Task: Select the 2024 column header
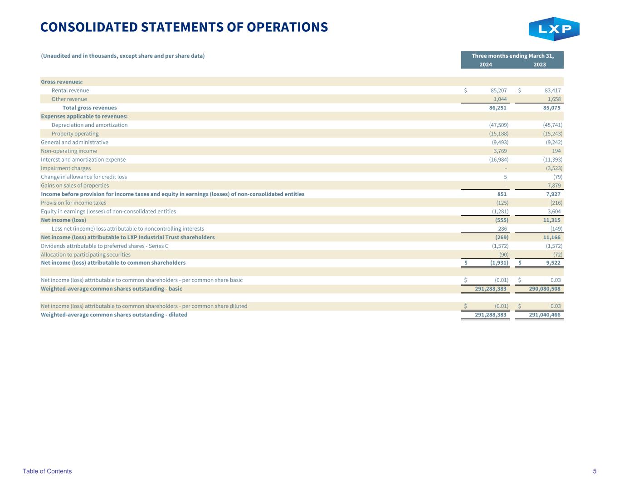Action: tap(486, 64)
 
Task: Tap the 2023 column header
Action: tap(540, 64)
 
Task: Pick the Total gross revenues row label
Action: tap(89, 108)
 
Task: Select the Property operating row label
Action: tap(75, 133)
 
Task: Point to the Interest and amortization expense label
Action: tap(83, 159)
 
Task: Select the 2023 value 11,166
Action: tap(551, 237)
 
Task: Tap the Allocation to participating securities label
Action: tap(85, 255)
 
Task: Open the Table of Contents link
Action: tap(47, 471)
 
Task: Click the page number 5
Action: tap(595, 471)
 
